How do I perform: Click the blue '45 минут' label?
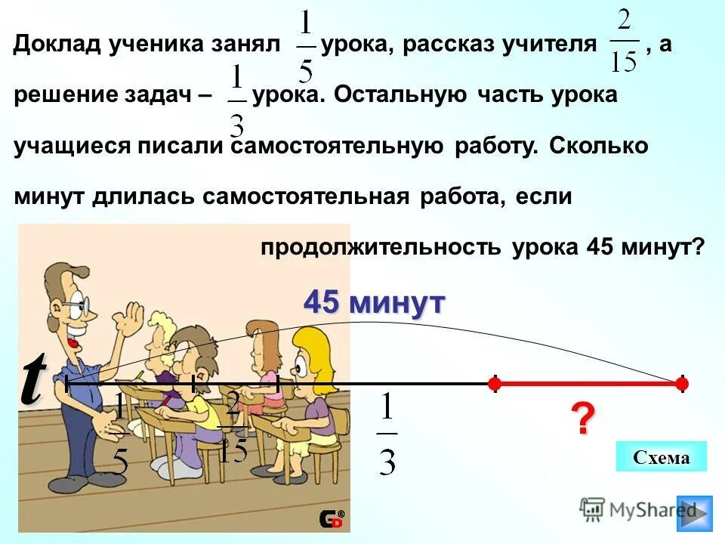(375, 303)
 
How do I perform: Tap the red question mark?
(582, 419)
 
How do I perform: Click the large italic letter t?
(32, 380)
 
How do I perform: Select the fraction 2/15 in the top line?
(624, 47)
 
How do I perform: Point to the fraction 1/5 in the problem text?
(305, 47)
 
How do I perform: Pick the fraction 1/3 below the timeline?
(387, 434)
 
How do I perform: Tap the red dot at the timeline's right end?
(682, 384)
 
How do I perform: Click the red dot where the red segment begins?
(494, 384)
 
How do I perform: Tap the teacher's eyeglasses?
(76, 308)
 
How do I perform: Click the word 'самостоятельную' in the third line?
(337, 146)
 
